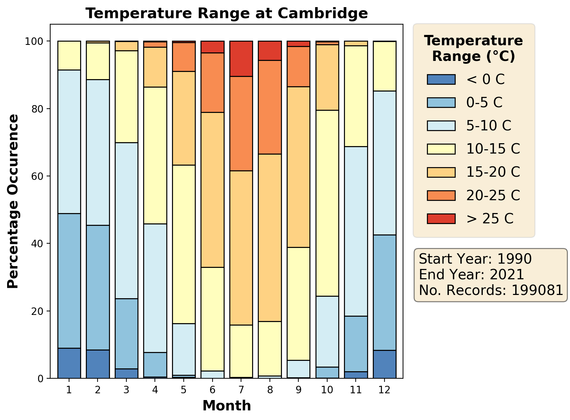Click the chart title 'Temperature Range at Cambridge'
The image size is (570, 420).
226,14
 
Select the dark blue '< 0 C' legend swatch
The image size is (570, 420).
441,79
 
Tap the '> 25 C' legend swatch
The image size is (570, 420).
441,219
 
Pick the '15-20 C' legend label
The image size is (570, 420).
493,172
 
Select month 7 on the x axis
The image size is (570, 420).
241,390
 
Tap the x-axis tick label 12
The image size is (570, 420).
385,390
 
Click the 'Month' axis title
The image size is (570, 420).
226,406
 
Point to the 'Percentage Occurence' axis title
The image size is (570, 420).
13,201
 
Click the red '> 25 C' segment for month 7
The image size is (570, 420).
241,59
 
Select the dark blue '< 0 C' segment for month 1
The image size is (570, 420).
69,363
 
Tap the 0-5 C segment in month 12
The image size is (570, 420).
385,292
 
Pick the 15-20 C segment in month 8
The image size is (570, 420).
270,238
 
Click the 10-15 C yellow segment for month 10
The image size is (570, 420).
327,203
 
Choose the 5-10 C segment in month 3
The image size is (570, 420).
126,221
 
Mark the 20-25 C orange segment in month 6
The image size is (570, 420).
213,83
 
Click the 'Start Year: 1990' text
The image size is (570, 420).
475,259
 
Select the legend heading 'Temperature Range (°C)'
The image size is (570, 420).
474,48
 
